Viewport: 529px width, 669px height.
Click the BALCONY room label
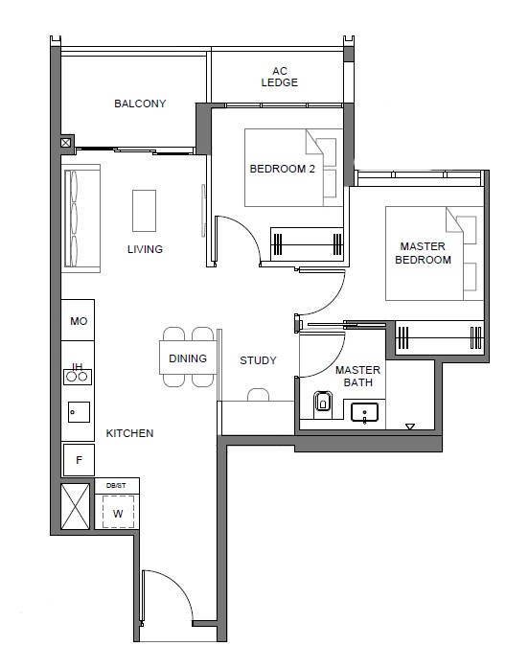click(140, 104)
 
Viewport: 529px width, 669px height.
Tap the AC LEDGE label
click(280, 77)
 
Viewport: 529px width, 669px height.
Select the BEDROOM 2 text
click(282, 169)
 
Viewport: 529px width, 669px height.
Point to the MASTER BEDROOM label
click(423, 253)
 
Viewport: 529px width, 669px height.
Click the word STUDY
click(258, 360)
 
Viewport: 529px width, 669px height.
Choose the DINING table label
click(188, 358)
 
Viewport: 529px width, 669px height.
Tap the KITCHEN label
click(129, 433)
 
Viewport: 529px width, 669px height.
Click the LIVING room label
click(145, 249)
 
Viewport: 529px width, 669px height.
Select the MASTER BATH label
click(357, 377)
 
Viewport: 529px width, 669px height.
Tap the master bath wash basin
click(364, 412)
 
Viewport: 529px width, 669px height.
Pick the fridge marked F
click(79, 460)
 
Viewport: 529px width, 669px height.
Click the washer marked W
click(118, 512)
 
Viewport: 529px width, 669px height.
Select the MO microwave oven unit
click(78, 320)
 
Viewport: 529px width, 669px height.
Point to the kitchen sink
click(79, 412)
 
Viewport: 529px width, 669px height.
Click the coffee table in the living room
click(144, 211)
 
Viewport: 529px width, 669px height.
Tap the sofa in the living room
click(81, 219)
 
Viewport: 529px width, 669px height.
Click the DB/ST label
click(116, 486)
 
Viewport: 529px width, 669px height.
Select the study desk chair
click(258, 395)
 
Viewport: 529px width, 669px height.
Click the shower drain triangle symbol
click(410, 427)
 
